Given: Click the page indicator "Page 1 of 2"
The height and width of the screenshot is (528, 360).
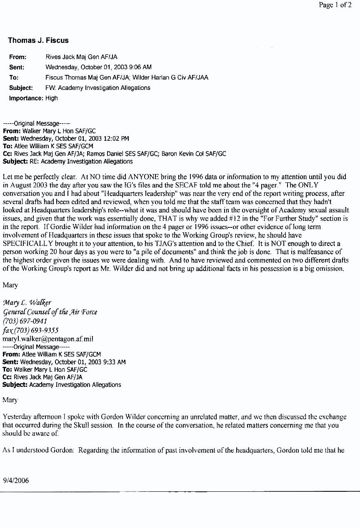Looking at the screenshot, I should point(335,5).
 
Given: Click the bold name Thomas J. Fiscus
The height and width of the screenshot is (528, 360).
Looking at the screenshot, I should point(38,40).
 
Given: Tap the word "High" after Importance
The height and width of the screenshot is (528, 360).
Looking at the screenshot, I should point(52,98).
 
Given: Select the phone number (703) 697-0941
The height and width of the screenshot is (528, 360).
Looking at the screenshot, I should point(25,321).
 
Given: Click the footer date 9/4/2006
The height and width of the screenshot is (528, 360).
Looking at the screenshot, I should point(16,480).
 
